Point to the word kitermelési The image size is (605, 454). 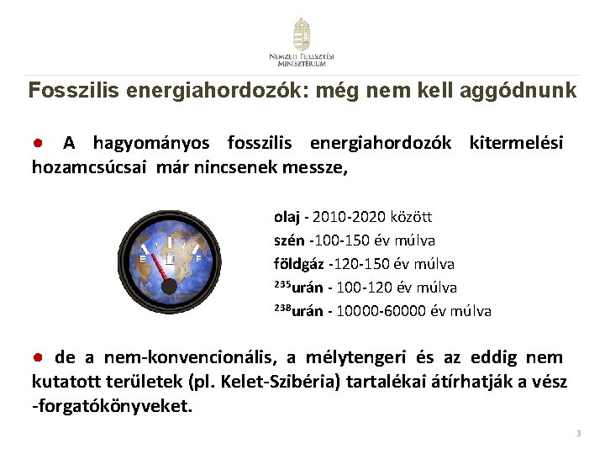(516, 143)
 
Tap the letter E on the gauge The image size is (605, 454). (143, 259)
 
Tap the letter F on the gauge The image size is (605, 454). (198, 259)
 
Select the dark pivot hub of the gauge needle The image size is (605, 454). (169, 287)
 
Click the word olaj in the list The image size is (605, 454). (286, 216)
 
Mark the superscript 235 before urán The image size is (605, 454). (283, 284)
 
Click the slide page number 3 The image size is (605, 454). (578, 434)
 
